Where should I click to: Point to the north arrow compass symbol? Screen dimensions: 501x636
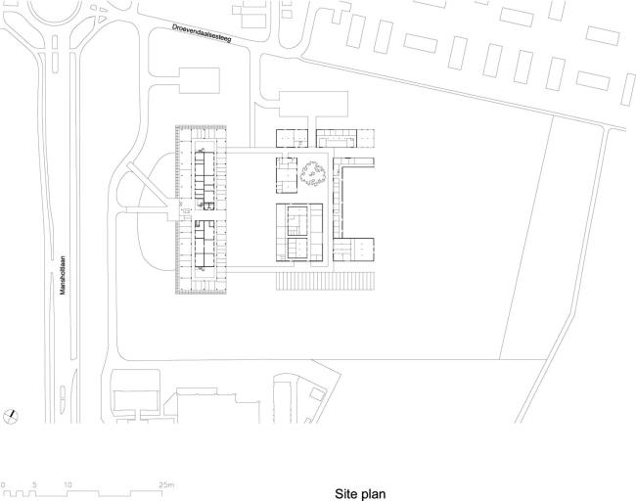coord(11,415)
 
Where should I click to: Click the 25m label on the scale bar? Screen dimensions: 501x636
coord(168,484)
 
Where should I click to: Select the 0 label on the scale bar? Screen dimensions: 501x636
coord(4,484)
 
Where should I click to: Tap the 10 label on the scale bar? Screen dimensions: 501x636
coord(68,484)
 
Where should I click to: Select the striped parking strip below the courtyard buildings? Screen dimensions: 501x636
coord(326,281)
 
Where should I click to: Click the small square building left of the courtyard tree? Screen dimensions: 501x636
coord(287,173)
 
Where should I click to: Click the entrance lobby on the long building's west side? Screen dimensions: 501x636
coord(185,210)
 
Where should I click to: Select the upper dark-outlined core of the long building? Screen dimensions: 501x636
coord(204,177)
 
